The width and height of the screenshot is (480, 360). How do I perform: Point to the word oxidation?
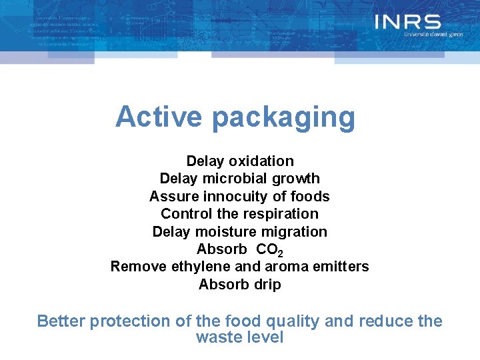click(x=261, y=161)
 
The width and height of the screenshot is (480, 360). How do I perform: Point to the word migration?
click(x=297, y=233)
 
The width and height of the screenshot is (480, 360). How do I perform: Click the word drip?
click(x=267, y=285)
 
